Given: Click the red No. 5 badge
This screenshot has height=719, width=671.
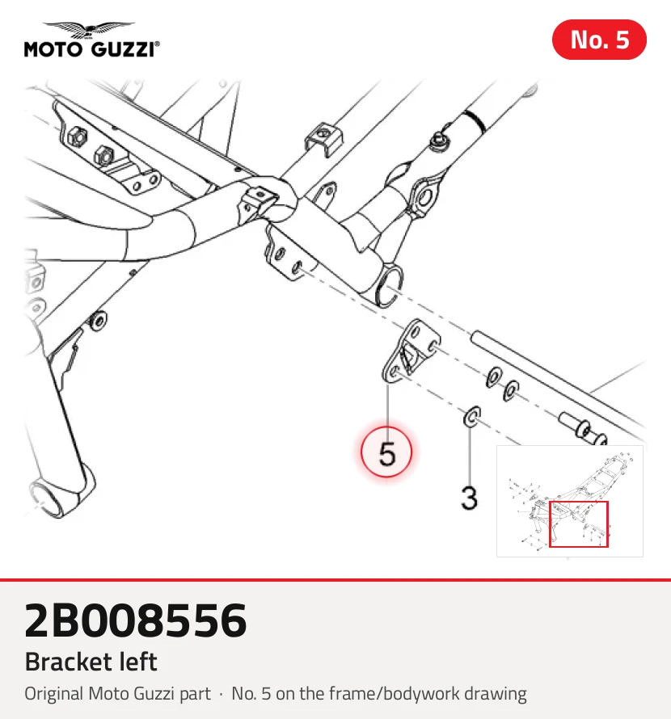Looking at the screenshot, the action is point(599,40).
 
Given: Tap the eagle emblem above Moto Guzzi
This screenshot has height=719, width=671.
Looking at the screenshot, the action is point(90,30).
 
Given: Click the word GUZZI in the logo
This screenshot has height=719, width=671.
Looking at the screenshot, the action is point(120,49).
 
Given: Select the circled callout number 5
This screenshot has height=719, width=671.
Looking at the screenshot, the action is point(386,452).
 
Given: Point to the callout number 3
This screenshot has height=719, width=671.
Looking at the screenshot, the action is point(469,497).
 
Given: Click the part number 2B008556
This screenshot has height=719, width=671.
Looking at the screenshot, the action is point(135,620).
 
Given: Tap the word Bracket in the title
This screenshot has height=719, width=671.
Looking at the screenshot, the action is point(68,662).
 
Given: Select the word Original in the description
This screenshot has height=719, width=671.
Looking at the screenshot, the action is point(54,694).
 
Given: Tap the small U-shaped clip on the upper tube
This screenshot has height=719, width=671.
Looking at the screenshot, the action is point(323,138).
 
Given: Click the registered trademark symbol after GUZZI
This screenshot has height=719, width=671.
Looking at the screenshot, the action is point(158,44).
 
